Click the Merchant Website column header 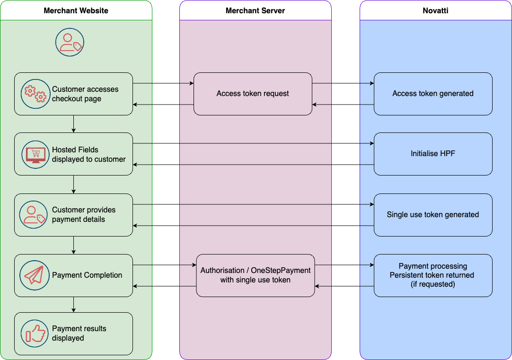76,10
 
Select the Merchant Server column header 255,10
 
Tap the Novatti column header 435,10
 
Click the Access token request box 253,94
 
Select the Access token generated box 433,94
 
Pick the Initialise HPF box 433,154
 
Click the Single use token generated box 433,215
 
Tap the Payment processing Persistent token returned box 433,275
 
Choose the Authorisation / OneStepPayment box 256,275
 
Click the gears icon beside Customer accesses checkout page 35,94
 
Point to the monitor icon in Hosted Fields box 35,154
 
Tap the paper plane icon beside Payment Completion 34,275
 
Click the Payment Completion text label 87,275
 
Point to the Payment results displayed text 79,334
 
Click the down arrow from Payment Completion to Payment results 73,305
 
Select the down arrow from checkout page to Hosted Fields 73,124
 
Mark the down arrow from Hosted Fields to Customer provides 73,184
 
